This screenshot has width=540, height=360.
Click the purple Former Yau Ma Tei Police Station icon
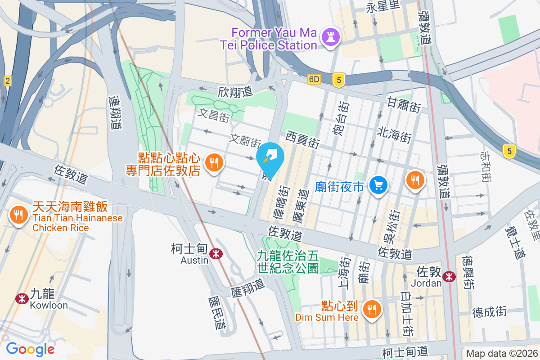pyautogui.click(x=332, y=39)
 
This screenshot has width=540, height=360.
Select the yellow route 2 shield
pyautogui.click(x=7, y=81)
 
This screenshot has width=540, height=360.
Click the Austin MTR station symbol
pyautogui.click(x=216, y=254)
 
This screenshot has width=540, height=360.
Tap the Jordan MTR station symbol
pyautogui.click(x=449, y=277)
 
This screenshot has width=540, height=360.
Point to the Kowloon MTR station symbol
pyautogui.click(x=21, y=298)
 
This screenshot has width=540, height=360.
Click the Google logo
pyautogui.click(x=31, y=349)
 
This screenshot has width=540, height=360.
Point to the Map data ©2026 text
pyautogui.click(x=501, y=353)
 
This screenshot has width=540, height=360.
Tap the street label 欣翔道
pyautogui.click(x=235, y=92)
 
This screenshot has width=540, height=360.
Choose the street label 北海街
pyautogui.click(x=394, y=134)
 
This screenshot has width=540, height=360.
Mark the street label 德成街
pyautogui.click(x=489, y=311)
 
